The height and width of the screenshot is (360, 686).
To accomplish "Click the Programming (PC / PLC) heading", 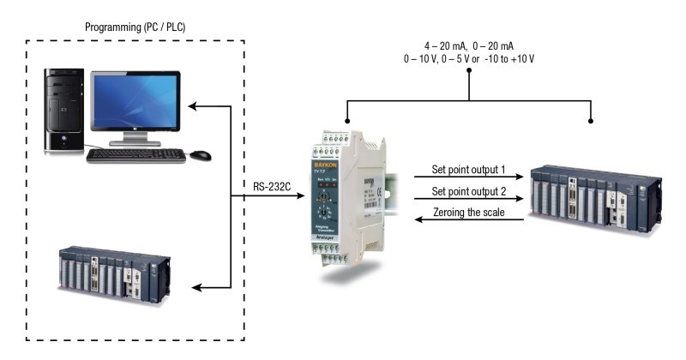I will pyautogui.click(x=135, y=27).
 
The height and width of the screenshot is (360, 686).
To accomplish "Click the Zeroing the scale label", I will pyautogui.click(x=469, y=212).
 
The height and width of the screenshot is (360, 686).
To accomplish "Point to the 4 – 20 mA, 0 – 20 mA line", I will pyautogui.click(x=468, y=45).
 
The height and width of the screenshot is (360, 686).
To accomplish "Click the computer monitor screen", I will pyautogui.click(x=135, y=105).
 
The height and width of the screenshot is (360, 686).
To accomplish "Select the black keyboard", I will pyautogui.click(x=135, y=155).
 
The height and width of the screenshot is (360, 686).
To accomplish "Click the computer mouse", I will pyautogui.click(x=201, y=155).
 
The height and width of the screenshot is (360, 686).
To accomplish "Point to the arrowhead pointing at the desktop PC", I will pyautogui.click(x=194, y=106).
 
